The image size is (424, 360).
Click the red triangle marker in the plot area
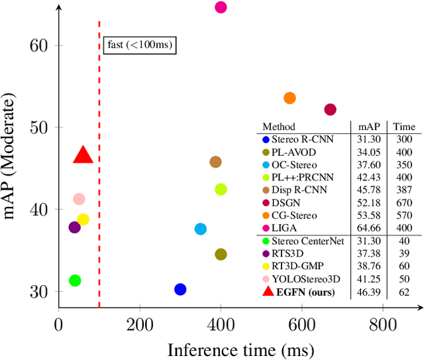[83, 156]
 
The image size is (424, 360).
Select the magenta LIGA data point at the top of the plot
[221, 7]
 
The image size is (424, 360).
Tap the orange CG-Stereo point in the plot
[290, 98]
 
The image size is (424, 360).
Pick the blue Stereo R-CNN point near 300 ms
[180, 289]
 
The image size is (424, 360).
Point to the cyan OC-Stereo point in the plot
[200, 229]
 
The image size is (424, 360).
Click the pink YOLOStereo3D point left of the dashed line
[79, 199]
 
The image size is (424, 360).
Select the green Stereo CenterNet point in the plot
[75, 280]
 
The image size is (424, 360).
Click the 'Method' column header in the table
[279, 127]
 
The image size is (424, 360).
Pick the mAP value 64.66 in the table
[368, 228]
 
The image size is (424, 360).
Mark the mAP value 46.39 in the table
[368, 292]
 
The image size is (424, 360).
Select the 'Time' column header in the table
[403, 127]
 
